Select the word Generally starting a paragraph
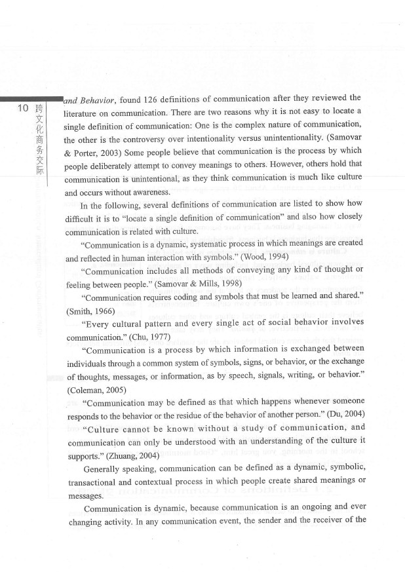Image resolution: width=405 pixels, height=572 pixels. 106,468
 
